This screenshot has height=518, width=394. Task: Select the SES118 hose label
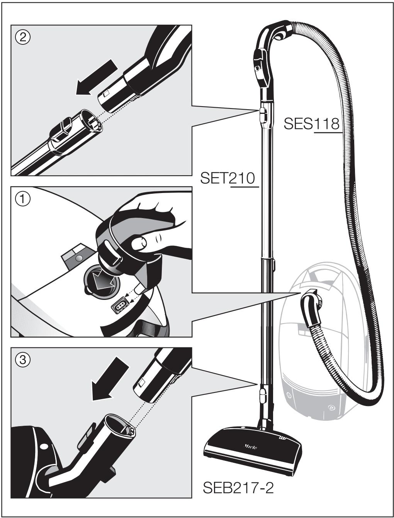coord(311,124)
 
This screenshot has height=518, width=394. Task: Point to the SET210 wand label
coord(228,178)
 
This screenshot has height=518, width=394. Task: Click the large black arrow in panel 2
coord(96,78)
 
